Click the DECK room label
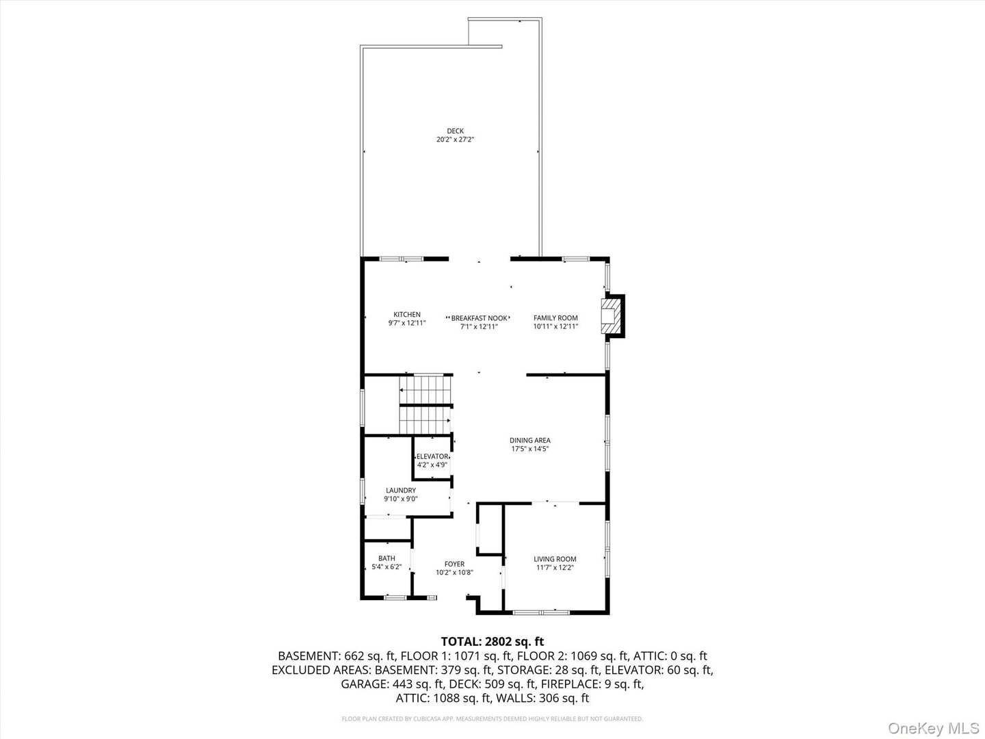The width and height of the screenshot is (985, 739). coord(455,131)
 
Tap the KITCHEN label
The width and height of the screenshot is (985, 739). coord(407,315)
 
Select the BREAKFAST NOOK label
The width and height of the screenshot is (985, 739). coord(480,318)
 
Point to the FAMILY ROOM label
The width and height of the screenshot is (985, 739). coord(555,318)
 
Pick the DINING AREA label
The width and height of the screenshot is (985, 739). coord(530,441)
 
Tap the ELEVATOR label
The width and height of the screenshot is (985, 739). coord(432,457)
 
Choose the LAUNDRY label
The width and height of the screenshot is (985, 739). coord(401,491)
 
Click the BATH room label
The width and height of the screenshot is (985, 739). coord(387,558)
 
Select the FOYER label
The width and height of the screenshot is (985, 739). coord(455,564)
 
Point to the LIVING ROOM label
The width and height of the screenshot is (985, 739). coord(555,559)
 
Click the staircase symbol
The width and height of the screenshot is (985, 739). coord(425,404)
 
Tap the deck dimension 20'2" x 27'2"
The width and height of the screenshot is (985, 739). coord(455,140)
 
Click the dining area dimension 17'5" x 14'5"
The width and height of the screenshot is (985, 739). coord(530,449)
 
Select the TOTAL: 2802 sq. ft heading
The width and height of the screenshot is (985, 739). coord(492,642)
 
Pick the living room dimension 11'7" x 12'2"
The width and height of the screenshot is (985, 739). coord(555,568)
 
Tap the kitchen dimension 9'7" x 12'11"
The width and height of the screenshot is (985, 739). coord(407,323)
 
